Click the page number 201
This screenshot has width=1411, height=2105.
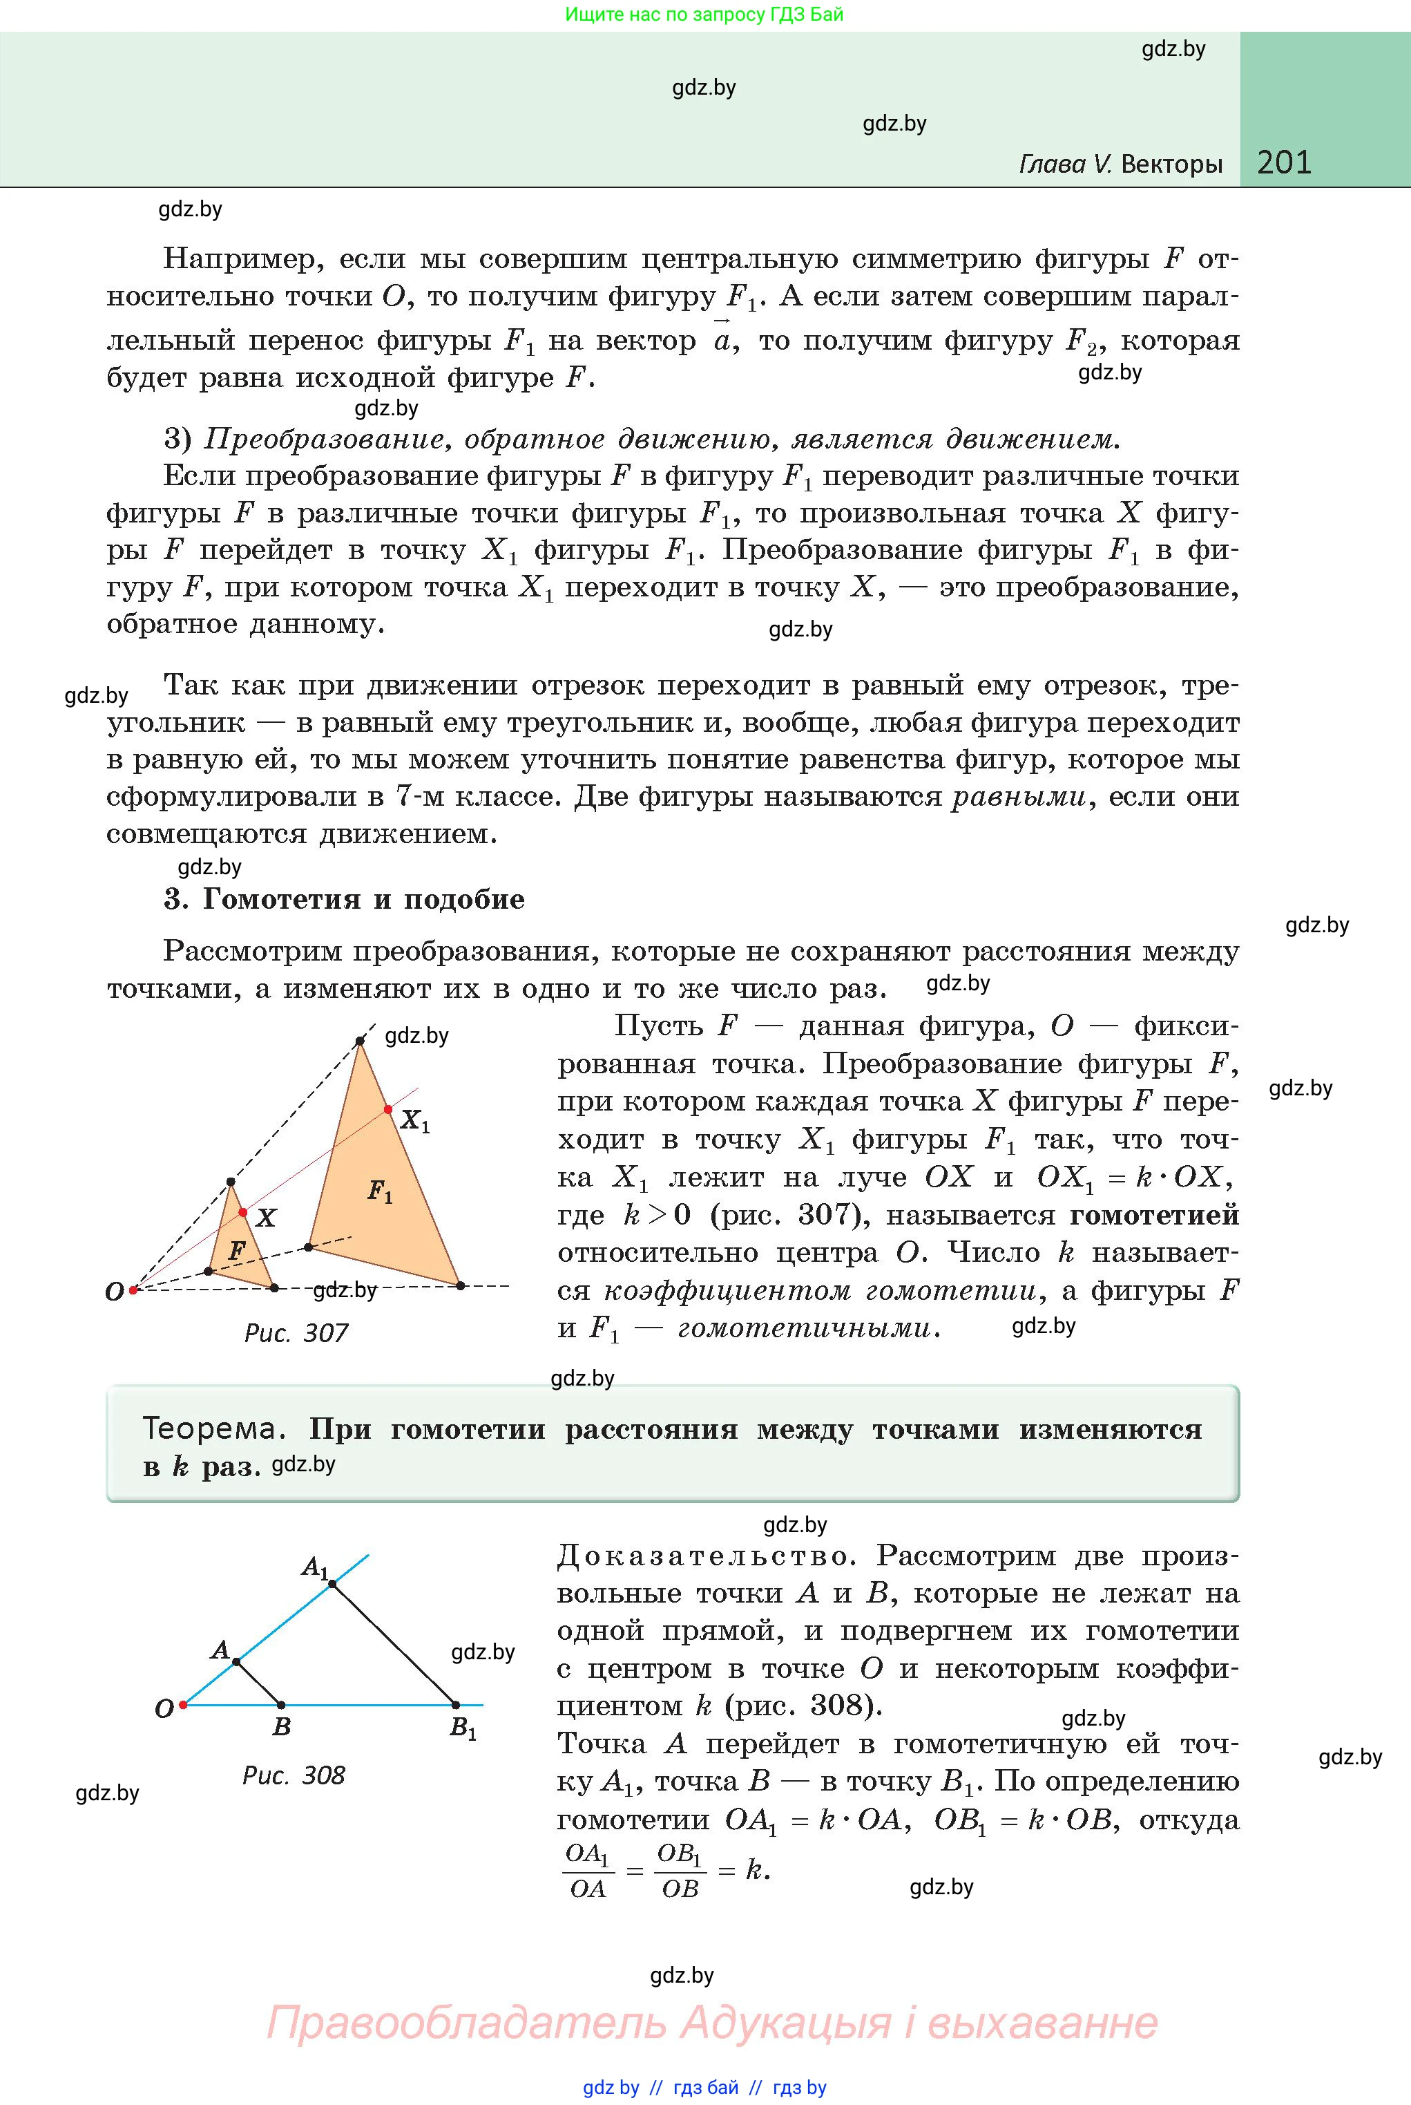[x=1284, y=162]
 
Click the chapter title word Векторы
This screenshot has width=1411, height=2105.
[x=1171, y=164]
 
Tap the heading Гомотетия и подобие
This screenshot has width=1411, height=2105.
[x=363, y=900]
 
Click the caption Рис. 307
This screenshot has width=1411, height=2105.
[x=296, y=1332]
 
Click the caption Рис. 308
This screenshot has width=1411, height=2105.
[x=294, y=1775]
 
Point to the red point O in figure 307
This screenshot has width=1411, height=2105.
[x=133, y=1290]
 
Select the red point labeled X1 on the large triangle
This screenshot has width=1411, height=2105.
[x=389, y=1109]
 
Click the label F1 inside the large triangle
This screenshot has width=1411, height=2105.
[x=380, y=1192]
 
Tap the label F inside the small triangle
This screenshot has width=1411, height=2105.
[x=237, y=1251]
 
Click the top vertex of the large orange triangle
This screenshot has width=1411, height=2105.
[x=360, y=1041]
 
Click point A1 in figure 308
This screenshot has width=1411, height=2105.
[x=332, y=1584]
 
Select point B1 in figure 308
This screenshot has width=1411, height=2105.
[x=455, y=1704]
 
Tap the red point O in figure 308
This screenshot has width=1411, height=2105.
[x=182, y=1704]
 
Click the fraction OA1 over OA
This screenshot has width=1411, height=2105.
[x=588, y=1871]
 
